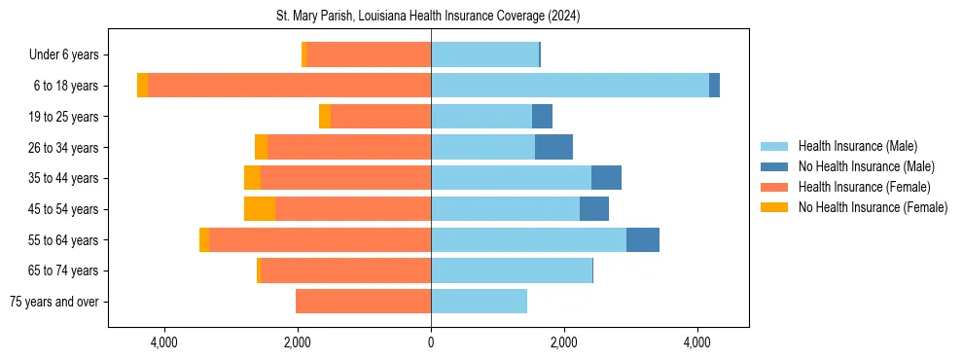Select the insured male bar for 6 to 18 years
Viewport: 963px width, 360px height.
coord(570,86)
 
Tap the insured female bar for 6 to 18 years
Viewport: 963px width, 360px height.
coord(289,86)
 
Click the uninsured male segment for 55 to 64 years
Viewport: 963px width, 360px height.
coord(643,239)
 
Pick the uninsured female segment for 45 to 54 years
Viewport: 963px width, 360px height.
coord(260,209)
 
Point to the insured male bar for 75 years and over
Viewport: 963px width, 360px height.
coord(479,302)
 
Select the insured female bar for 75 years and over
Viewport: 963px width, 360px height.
coord(363,302)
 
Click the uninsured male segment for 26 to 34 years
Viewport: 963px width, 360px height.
coord(553,147)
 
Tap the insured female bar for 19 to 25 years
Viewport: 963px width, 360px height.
coord(380,117)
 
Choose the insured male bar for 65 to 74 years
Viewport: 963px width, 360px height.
coord(512,270)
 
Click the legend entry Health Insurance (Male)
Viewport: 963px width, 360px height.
coord(857,146)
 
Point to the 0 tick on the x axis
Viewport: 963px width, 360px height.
coord(431,342)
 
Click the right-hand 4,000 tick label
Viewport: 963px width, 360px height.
coord(697,342)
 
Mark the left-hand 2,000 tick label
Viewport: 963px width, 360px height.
coord(297,342)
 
